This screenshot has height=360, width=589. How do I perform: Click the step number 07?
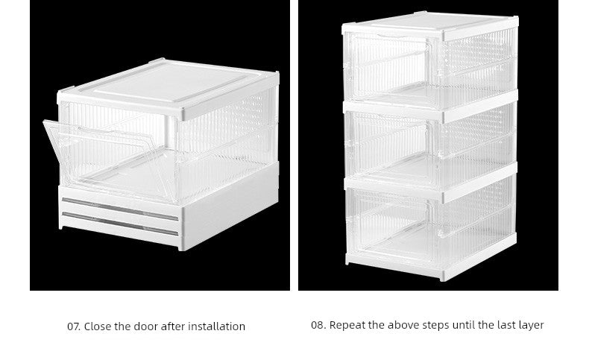click(x=73, y=326)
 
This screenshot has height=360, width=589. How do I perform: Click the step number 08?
click(x=318, y=325)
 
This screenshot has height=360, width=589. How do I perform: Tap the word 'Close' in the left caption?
click(x=98, y=326)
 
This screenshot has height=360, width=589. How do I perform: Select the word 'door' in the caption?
click(x=147, y=326)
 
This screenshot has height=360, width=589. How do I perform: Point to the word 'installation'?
click(x=216, y=326)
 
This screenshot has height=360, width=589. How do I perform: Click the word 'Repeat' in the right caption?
click(x=346, y=325)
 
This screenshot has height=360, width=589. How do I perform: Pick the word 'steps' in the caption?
click(x=438, y=325)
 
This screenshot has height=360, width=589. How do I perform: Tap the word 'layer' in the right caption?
click(x=529, y=325)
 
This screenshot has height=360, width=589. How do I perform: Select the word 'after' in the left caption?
click(x=173, y=326)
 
